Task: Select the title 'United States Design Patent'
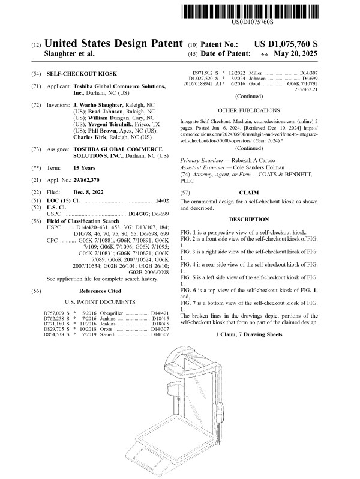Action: pyautogui.click(x=113, y=44)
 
